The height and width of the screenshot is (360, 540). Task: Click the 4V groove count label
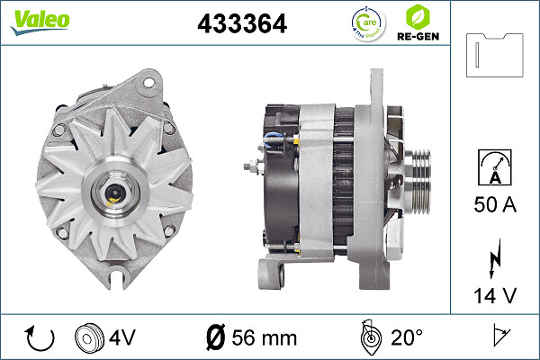point(123,337)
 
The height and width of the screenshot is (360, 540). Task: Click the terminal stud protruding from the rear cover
point(251,166)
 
